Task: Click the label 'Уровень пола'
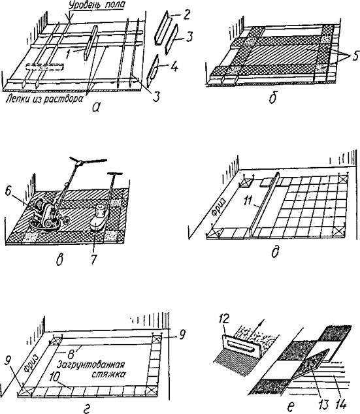tap(97, 5)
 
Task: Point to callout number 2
tap(186, 15)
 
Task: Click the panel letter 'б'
tap(272, 98)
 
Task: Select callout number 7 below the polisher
tap(93, 259)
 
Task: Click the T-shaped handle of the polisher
tap(114, 174)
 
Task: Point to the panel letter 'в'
tap(59, 260)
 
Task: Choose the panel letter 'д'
tap(276, 253)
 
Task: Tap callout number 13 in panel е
tap(324, 405)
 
